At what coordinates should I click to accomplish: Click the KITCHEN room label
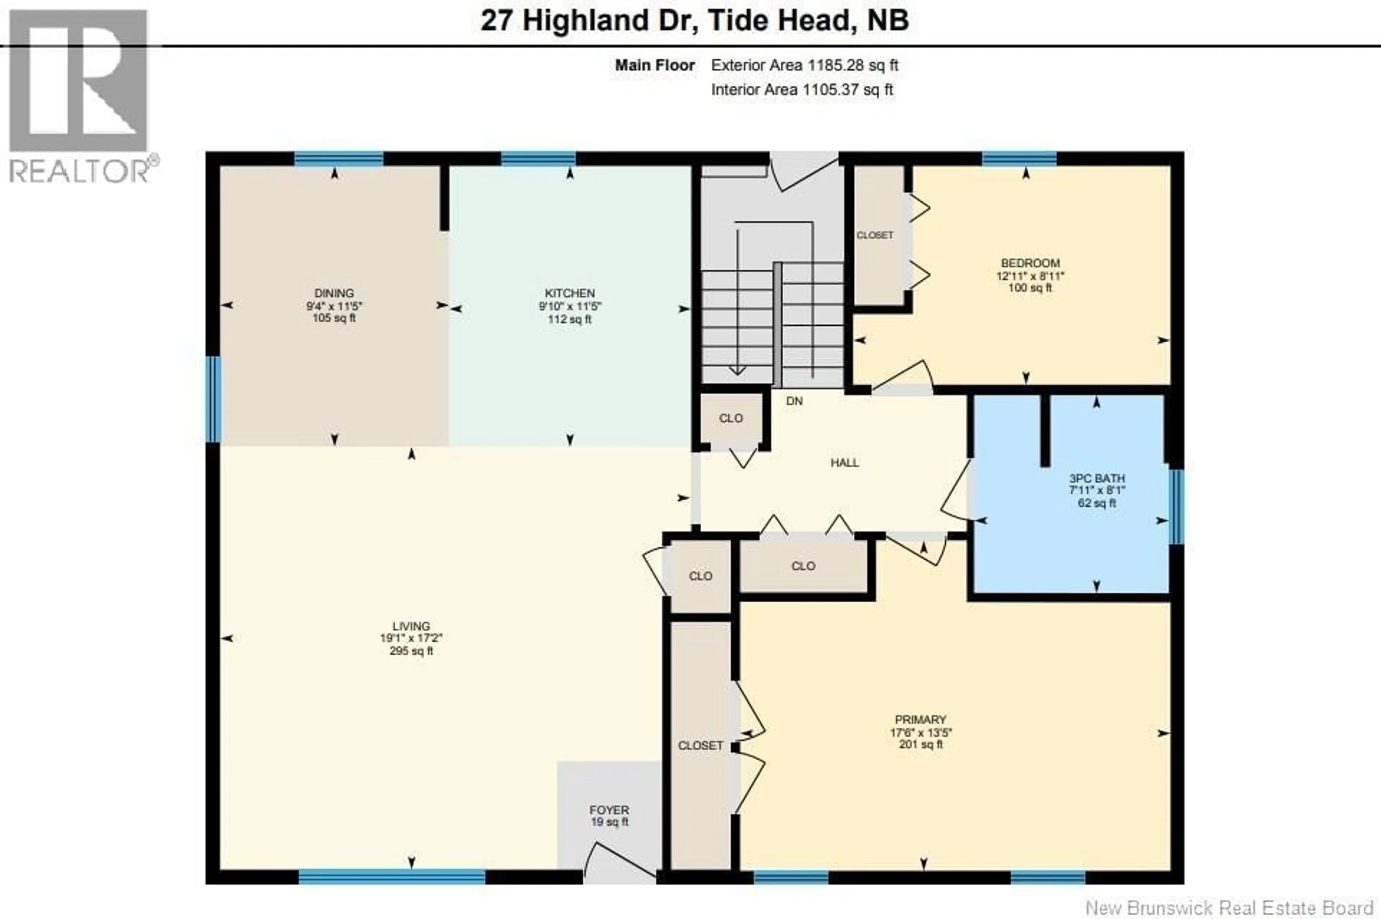[570, 293]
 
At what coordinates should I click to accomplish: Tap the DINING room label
[334, 293]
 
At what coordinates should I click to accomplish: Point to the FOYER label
[609, 810]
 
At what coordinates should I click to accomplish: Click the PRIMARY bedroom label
[920, 720]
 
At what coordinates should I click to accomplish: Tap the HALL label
[844, 463]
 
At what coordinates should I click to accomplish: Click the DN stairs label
[794, 401]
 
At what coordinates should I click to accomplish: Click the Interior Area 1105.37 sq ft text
[802, 90]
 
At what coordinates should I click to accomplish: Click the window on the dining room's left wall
[213, 399]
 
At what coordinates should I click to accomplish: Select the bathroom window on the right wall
[1176, 507]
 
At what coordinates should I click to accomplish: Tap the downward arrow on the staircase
[737, 369]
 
